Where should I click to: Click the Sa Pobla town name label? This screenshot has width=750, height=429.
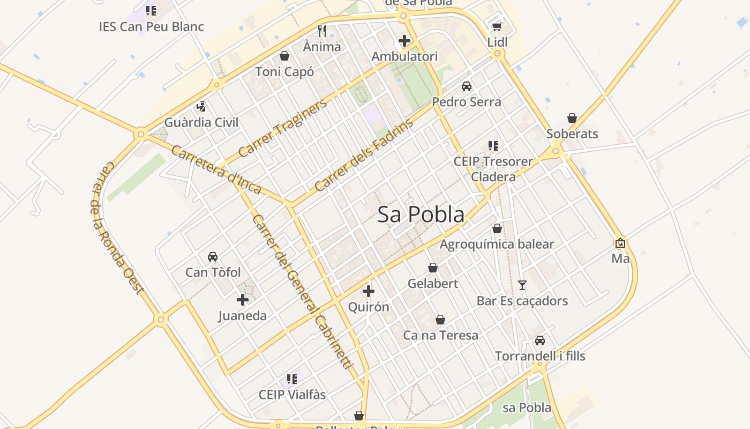point(421,214)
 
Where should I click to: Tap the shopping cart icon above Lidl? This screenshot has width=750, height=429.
point(497,26)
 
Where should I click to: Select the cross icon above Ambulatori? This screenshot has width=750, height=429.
point(404,40)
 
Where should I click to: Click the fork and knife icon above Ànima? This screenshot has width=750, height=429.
point(322,31)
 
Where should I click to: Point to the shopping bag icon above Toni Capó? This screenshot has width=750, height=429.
point(284,56)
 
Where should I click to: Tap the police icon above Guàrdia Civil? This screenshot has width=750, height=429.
point(201,106)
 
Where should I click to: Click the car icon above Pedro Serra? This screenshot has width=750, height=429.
point(467,86)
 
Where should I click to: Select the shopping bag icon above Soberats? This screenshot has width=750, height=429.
point(572,118)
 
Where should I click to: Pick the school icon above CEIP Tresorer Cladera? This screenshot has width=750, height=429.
point(493,145)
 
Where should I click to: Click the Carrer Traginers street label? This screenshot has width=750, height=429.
point(282,128)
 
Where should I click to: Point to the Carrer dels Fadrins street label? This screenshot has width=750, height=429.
point(364,156)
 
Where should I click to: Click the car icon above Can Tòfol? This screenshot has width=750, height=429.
point(213,256)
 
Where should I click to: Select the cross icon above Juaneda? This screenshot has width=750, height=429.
point(243,300)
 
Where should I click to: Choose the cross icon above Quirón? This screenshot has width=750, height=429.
point(369,291)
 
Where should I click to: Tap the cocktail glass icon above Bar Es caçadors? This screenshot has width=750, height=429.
point(522,285)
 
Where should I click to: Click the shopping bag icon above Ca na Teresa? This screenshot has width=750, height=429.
point(440,320)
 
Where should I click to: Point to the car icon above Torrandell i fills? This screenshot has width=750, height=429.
point(540,341)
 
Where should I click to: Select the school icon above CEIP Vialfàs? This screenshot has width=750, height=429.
point(292,379)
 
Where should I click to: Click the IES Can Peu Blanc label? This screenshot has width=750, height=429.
point(152,26)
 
